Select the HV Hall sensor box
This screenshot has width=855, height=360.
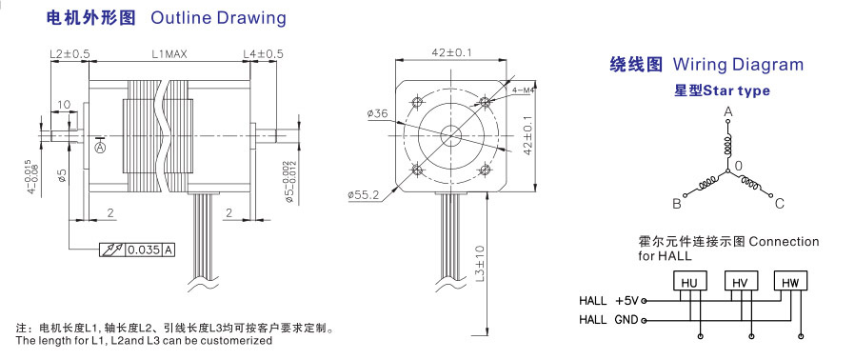pos(740,281)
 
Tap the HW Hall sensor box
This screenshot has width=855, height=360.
pos(790,281)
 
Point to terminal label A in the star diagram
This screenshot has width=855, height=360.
pos(727,111)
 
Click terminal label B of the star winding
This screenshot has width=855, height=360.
pos(677,204)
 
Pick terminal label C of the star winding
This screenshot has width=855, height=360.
pos(780,204)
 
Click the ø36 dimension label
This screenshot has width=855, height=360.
pos(377,113)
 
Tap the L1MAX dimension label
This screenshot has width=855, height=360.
pos(170,54)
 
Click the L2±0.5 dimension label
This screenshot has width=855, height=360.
pos(70,54)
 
